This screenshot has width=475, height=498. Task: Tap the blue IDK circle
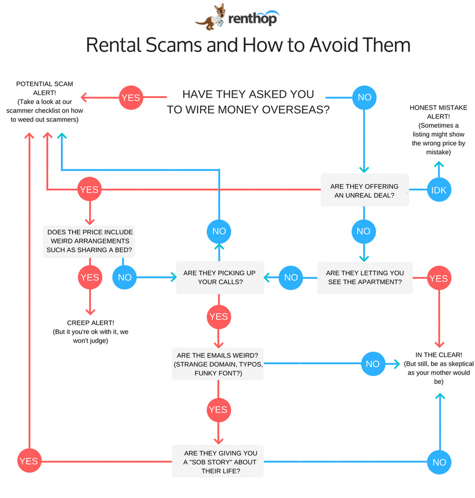point(440,190)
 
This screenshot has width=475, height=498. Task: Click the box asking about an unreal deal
point(365,190)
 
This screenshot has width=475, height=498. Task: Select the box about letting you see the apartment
point(365,277)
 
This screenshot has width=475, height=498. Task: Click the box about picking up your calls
point(219,277)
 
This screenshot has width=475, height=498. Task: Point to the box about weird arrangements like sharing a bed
point(89,241)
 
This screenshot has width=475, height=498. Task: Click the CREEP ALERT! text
point(90,323)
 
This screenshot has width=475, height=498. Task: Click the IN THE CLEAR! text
point(440,355)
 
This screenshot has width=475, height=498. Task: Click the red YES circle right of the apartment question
point(438,278)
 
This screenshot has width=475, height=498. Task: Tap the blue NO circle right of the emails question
point(372,363)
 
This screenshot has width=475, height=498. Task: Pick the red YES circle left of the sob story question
point(28,461)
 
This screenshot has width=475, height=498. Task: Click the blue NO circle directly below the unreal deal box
point(363,231)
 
